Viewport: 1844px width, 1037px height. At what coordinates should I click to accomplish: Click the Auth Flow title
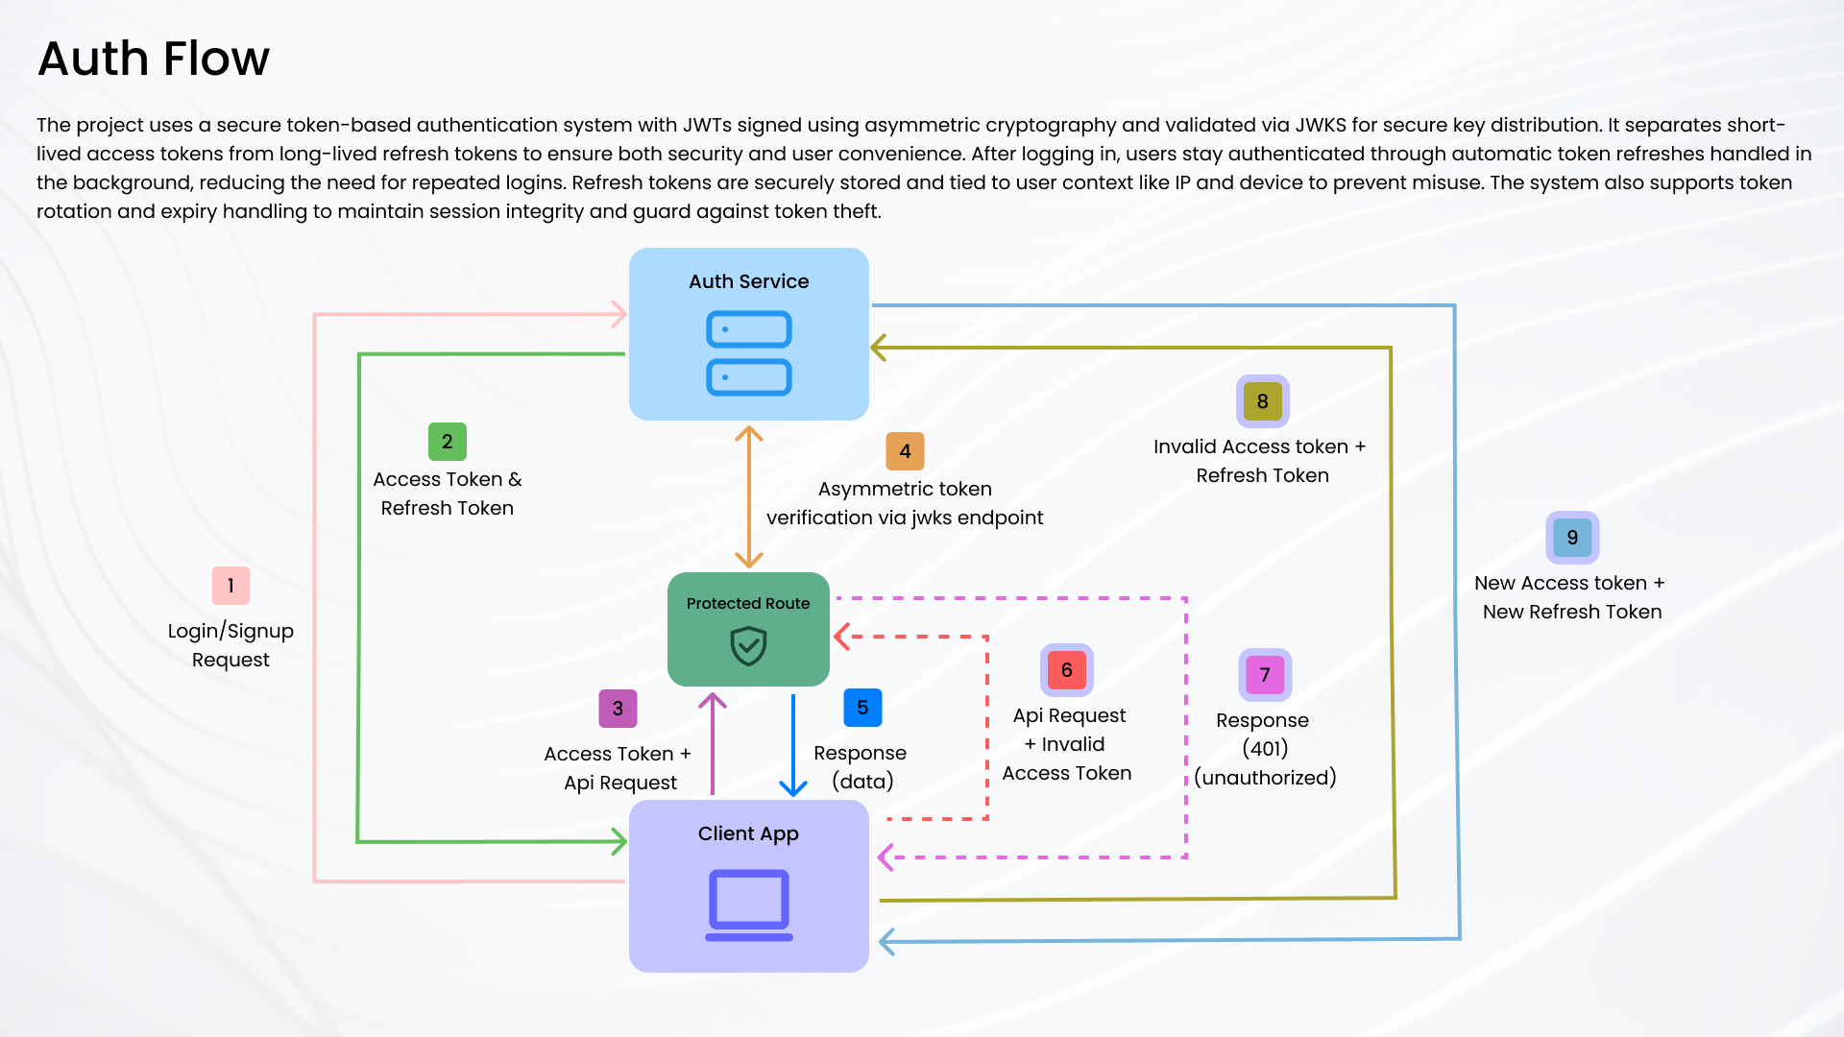pos(154,59)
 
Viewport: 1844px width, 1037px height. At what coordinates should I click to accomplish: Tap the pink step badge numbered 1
pos(230,586)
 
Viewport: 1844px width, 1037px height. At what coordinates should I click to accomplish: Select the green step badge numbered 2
pos(447,442)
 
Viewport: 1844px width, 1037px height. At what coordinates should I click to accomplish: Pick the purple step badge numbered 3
pos(618,709)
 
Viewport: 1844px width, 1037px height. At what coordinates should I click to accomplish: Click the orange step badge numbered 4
pos(905,451)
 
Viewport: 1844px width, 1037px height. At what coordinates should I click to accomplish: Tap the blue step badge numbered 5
pos(862,708)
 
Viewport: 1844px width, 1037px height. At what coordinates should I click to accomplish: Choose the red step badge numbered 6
pos(1066,670)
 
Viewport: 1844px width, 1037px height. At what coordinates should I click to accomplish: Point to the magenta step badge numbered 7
pos(1265,675)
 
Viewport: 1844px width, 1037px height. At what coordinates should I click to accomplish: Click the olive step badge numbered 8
pos(1262,401)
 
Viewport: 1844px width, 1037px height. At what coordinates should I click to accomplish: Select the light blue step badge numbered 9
pos(1572,538)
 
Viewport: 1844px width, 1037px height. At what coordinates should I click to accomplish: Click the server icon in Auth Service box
pos(749,353)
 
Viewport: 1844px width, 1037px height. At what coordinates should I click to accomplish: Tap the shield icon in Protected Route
pos(748,646)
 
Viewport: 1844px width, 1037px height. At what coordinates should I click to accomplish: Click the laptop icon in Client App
pos(749,904)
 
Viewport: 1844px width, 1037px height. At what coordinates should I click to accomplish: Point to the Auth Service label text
pos(748,281)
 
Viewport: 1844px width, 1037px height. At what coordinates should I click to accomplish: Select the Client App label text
pos(748,833)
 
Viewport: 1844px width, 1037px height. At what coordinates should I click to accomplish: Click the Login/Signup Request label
pos(230,645)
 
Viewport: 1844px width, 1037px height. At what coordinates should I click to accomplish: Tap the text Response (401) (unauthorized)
pos(1264,749)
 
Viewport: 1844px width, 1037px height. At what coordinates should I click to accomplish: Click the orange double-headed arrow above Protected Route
pos(749,497)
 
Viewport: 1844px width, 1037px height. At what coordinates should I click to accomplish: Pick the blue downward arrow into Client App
pos(793,744)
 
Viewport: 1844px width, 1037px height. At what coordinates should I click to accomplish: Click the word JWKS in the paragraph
pos(1320,125)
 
